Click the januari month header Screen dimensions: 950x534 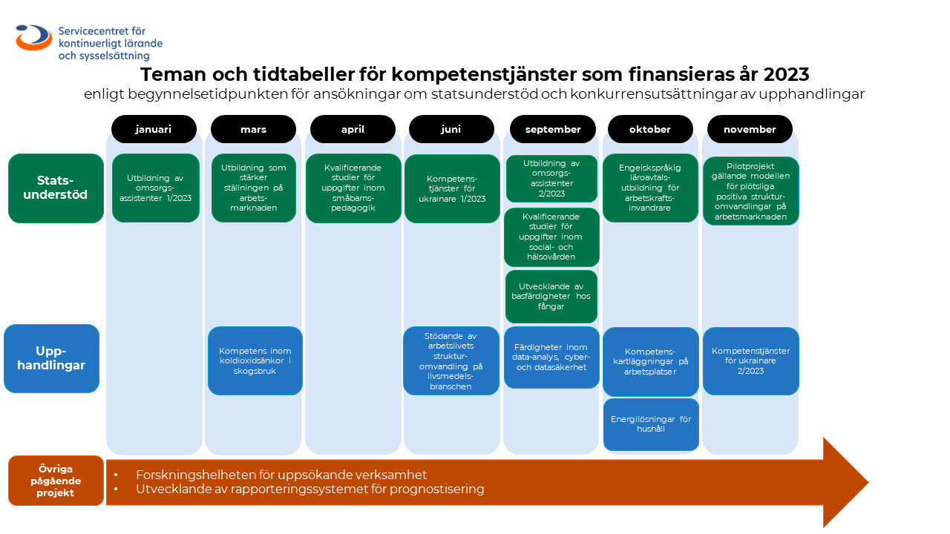pyautogui.click(x=154, y=129)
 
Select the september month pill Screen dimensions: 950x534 pyautogui.click(x=553, y=129)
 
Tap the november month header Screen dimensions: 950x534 pyautogui.click(x=750, y=129)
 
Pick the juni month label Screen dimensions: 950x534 pyautogui.click(x=451, y=129)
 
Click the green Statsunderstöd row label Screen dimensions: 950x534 pyautogui.click(x=56, y=188)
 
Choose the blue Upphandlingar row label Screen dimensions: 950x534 pyautogui.click(x=52, y=358)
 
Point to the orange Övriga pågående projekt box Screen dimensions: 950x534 pyautogui.click(x=56, y=481)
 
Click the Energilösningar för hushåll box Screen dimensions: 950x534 pyautogui.click(x=651, y=424)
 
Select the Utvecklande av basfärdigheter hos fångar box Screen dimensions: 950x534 pyautogui.click(x=551, y=297)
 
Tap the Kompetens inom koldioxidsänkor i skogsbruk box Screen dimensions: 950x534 pyautogui.click(x=255, y=360)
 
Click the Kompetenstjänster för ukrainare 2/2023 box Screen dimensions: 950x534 pyautogui.click(x=750, y=361)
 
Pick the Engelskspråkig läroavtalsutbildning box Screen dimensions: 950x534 pyautogui.click(x=650, y=188)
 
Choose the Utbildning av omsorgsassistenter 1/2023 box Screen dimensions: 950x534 pyautogui.click(x=156, y=188)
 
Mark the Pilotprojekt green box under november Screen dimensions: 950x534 pyautogui.click(x=750, y=191)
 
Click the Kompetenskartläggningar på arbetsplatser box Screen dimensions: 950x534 pyautogui.click(x=651, y=362)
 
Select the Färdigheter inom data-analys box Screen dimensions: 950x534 pyautogui.click(x=551, y=357)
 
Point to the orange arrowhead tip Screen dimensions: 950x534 pyautogui.click(x=868, y=482)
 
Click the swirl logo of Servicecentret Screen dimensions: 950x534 pyautogui.click(x=34, y=37)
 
